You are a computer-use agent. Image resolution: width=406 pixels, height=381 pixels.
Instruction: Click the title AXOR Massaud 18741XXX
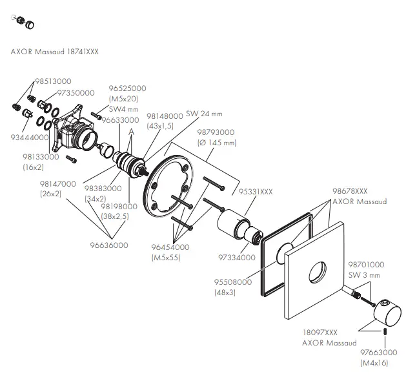(x=55, y=50)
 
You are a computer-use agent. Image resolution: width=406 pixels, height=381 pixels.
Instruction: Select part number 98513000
(x=53, y=81)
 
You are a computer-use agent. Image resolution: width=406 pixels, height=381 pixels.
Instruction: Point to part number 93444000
(x=28, y=137)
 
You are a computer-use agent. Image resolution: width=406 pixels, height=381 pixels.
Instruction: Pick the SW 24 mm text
(x=203, y=114)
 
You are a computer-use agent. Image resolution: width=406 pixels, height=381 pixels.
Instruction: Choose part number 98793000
(x=216, y=132)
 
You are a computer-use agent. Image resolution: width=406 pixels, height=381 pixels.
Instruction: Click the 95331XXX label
(x=256, y=191)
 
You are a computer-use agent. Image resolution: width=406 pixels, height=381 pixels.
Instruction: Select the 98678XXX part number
(x=350, y=192)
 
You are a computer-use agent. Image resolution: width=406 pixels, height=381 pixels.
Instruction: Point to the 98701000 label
(x=366, y=265)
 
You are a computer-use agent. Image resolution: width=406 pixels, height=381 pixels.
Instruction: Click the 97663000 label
(x=378, y=353)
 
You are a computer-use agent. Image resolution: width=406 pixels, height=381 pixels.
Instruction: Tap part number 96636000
(x=109, y=245)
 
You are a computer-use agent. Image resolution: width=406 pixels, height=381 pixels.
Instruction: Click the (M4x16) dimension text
(x=374, y=364)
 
